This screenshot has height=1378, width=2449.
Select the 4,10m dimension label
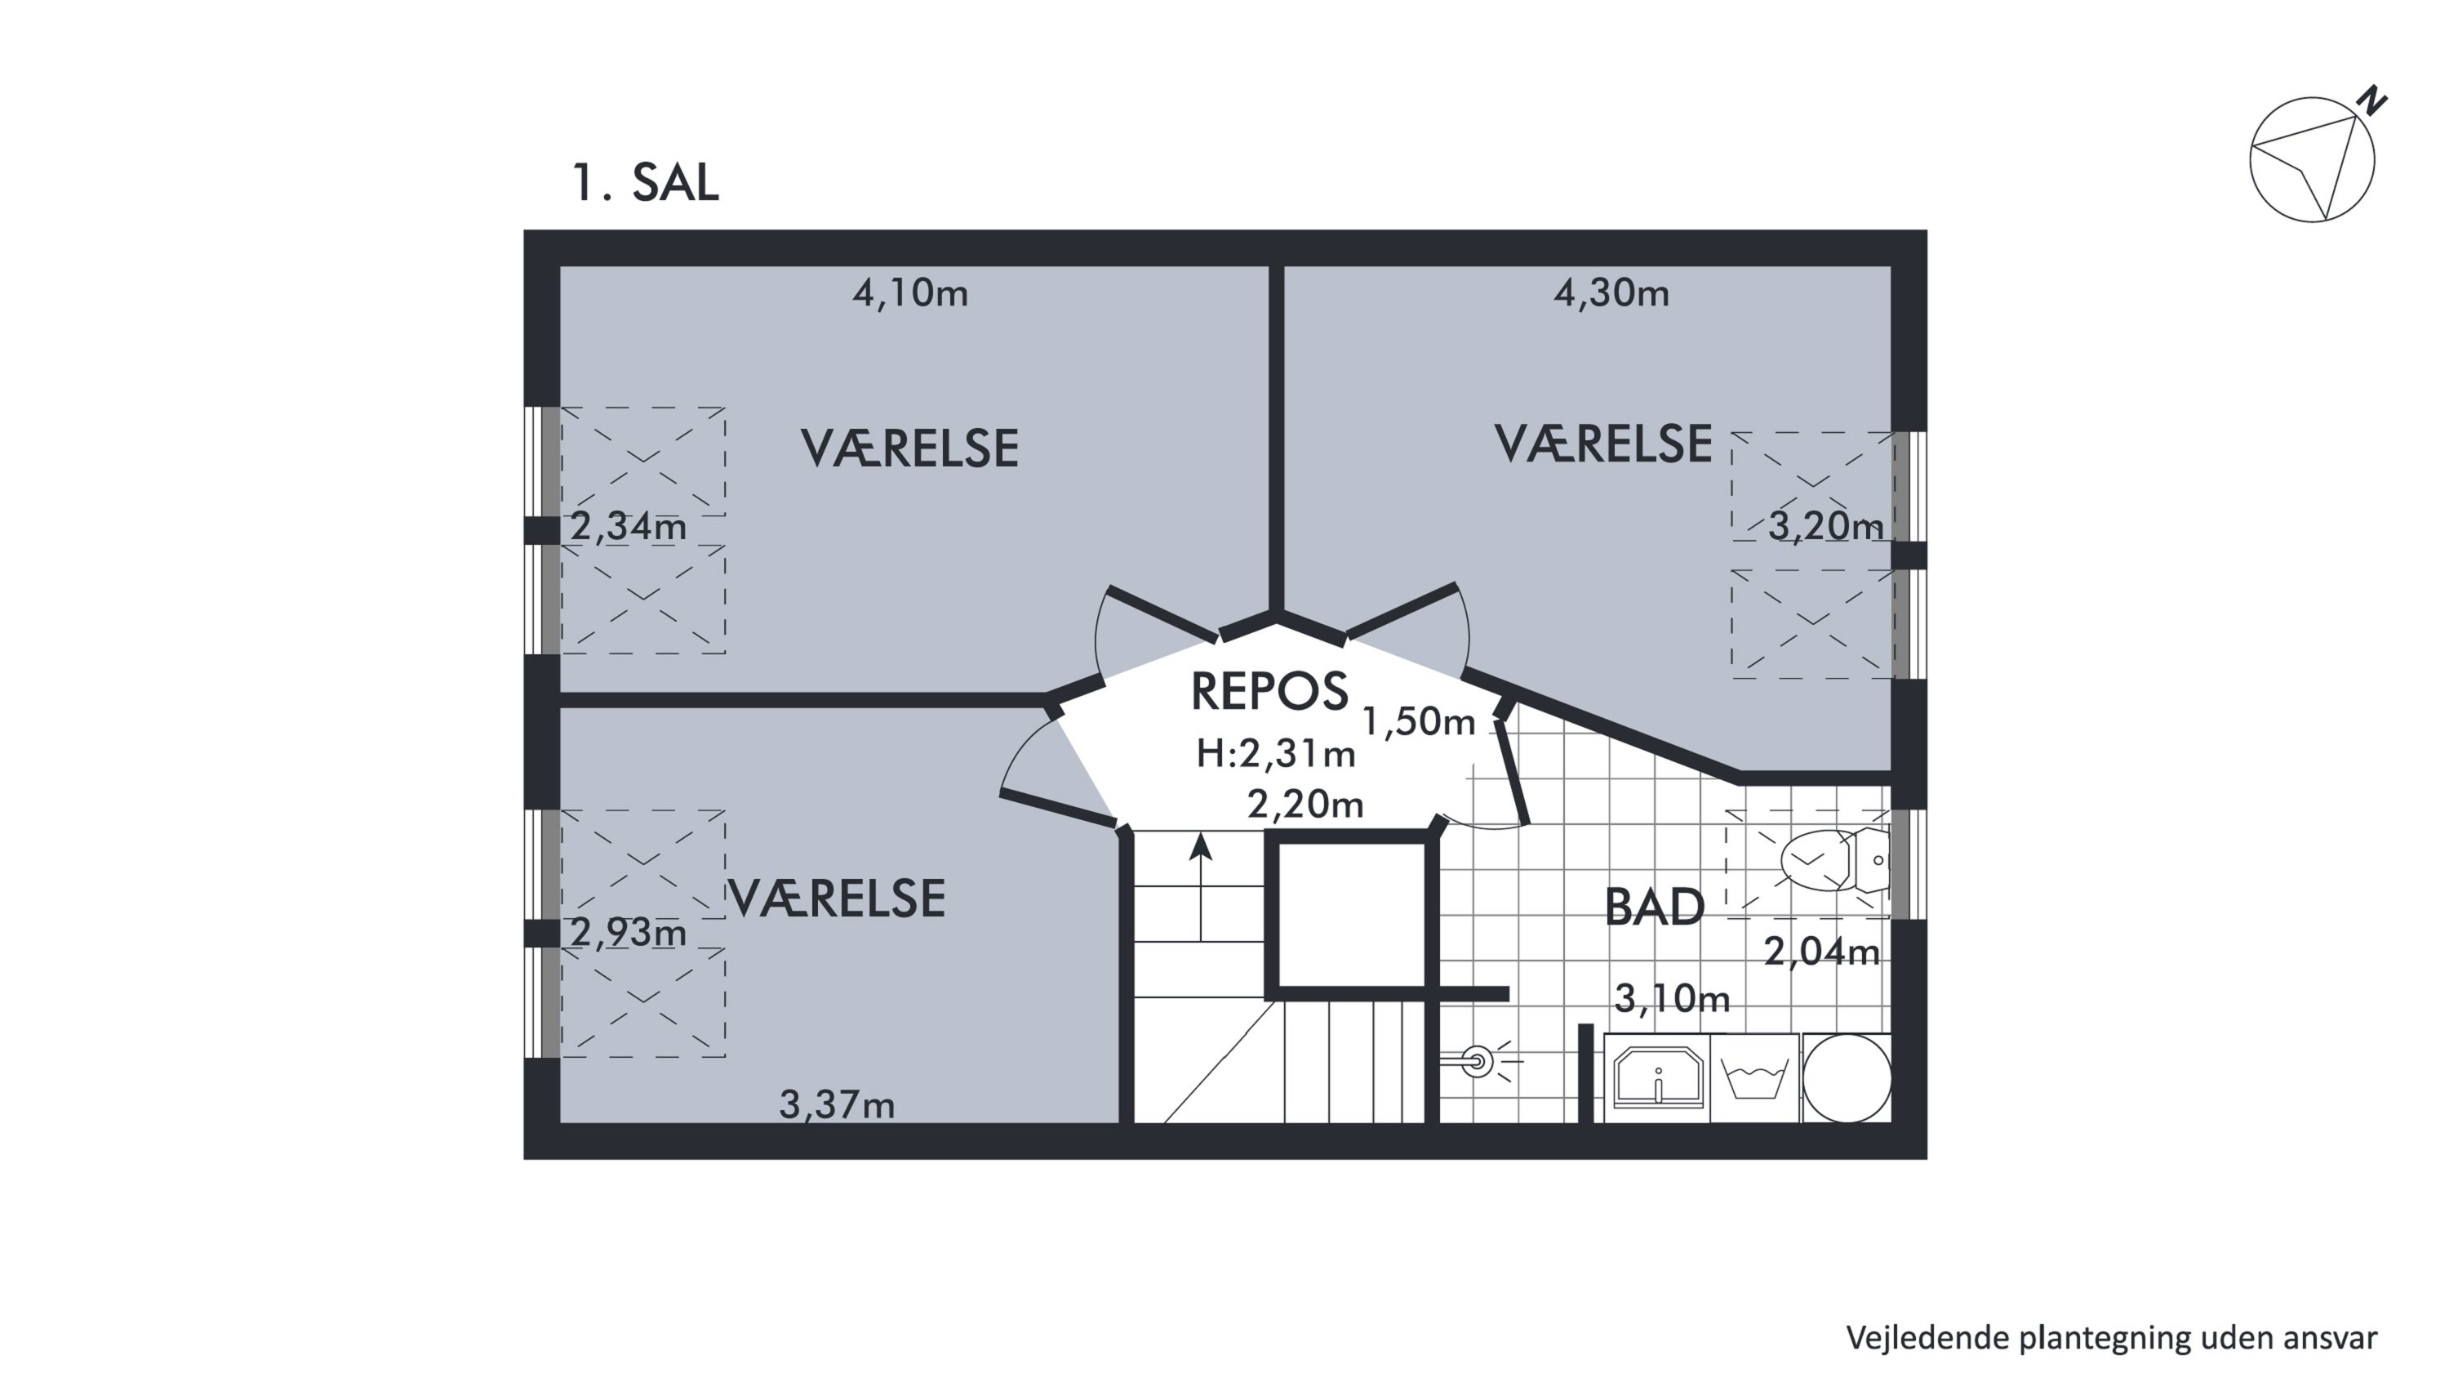click(910, 293)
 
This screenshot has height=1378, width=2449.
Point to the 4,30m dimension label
click(1611, 293)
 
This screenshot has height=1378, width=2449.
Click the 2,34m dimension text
click(629, 526)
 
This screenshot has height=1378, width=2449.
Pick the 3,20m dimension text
click(1825, 526)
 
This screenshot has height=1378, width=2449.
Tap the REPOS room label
click(1269, 691)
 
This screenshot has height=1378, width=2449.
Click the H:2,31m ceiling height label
click(1276, 754)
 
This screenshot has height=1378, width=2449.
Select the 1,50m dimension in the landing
click(1419, 722)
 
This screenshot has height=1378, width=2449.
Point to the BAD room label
click(1654, 908)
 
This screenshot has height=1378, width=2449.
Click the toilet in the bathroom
click(1835, 859)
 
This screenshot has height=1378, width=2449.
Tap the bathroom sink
click(1658, 1077)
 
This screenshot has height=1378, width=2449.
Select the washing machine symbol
click(1755, 1079)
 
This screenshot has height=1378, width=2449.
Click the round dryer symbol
click(1847, 1078)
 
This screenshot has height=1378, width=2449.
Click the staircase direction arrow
click(1201, 887)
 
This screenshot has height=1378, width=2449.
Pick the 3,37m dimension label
click(838, 1105)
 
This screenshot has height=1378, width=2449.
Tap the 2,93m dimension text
click(629, 933)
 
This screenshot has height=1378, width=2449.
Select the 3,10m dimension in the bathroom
click(1673, 998)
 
